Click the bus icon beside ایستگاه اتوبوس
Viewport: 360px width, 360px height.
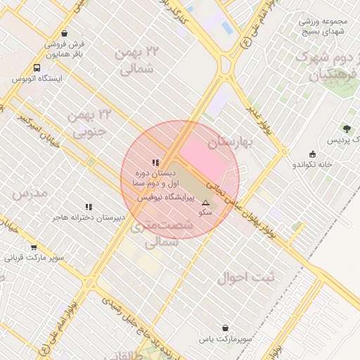(x=36, y=68)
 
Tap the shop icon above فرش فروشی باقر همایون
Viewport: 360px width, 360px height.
(x=65, y=33)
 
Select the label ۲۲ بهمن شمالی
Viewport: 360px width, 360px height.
(x=138, y=60)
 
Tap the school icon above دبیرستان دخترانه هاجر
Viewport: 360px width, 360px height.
(x=89, y=207)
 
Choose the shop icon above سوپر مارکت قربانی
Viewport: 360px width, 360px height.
(x=34, y=247)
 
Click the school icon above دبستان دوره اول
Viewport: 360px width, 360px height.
(x=155, y=162)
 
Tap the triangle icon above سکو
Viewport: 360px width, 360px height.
(x=205, y=202)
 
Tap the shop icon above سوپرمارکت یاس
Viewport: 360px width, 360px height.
(x=225, y=328)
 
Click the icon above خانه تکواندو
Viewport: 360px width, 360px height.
(x=312, y=154)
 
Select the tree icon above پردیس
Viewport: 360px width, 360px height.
(x=346, y=129)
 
